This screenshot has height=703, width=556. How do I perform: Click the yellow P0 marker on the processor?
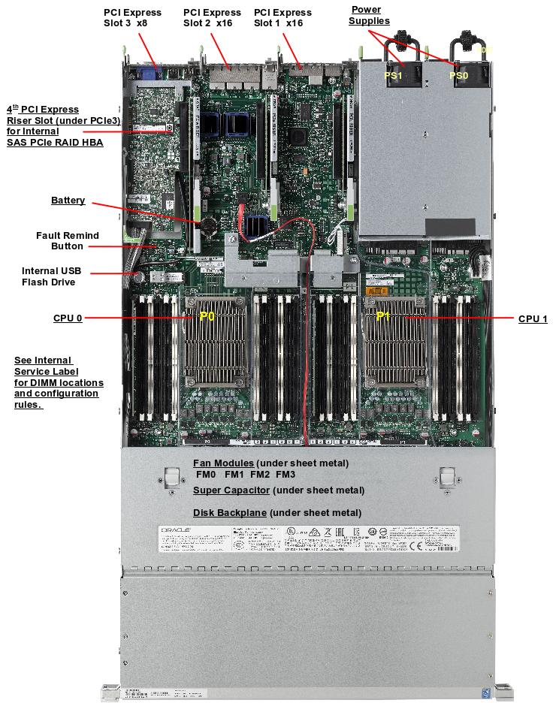click(x=207, y=317)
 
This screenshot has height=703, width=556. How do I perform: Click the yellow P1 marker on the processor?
click(x=383, y=317)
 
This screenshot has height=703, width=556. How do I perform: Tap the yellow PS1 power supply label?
click(x=394, y=76)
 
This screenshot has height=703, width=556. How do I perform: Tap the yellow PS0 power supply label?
click(x=458, y=76)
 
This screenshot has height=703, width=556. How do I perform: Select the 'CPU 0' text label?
click(x=68, y=318)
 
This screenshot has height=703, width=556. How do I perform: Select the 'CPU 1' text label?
click(x=533, y=319)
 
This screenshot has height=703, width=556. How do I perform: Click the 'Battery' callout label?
click(x=68, y=201)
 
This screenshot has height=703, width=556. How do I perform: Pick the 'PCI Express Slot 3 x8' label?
click(x=132, y=18)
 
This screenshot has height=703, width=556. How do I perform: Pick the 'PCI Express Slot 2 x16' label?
click(x=212, y=18)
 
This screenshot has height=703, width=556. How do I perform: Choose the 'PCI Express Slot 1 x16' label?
click(x=283, y=18)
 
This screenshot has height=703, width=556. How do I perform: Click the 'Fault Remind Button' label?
click(x=68, y=240)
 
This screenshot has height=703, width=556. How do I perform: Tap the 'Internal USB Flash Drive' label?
click(x=51, y=276)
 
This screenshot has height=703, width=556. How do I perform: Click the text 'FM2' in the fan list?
click(x=260, y=475)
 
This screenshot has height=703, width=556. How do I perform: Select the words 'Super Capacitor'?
click(x=231, y=490)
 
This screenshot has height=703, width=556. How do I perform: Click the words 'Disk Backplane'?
click(x=229, y=513)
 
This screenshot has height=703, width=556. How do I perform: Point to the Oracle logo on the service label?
click(x=176, y=530)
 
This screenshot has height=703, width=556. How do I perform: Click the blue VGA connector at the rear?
click(x=148, y=76)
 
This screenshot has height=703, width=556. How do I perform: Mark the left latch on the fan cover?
click(x=171, y=478)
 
